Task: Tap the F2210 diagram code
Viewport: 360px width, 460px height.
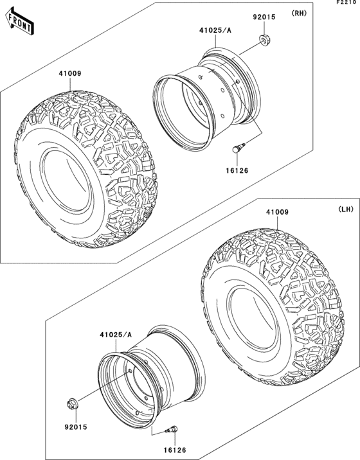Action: click(x=346, y=4)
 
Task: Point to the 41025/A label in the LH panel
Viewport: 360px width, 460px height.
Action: click(x=115, y=335)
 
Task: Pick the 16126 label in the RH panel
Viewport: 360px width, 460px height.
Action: click(x=236, y=170)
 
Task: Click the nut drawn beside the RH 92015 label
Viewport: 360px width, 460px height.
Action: click(x=264, y=42)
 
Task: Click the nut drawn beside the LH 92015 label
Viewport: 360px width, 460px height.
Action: click(x=73, y=404)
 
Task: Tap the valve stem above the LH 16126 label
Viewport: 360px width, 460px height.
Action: click(x=174, y=430)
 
